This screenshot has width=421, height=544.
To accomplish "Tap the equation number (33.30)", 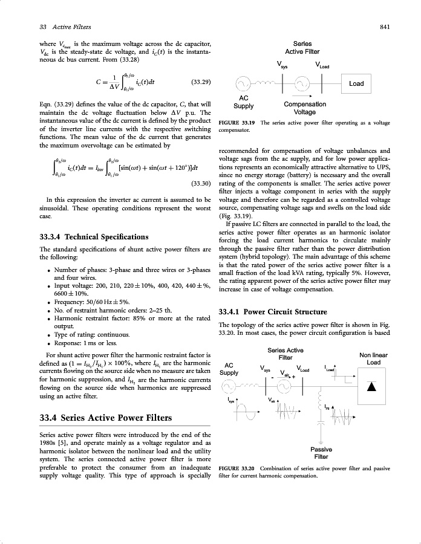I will [x=200, y=182].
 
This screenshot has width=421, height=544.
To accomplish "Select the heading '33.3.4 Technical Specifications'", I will [x=94, y=236].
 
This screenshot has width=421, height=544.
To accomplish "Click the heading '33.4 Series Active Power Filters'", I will [x=106, y=418].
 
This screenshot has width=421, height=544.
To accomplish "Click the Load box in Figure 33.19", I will [x=356, y=83].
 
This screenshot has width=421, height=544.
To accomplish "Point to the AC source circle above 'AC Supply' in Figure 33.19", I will [x=243, y=83].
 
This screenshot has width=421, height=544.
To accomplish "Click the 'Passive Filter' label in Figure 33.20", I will [x=320, y=453].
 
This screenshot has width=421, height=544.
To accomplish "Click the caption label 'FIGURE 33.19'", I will [x=237, y=123].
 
